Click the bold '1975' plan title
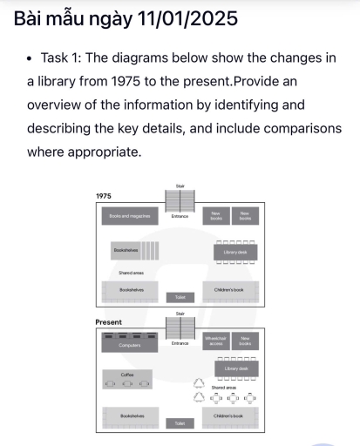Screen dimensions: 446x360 click(104, 197)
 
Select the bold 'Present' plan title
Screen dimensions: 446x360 click(108, 321)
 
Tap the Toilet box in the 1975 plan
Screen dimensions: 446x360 click(180, 297)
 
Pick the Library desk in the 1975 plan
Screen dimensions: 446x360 click(235, 252)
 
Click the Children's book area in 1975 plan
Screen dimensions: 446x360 click(235, 288)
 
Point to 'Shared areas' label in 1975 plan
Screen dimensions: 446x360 click(132, 273)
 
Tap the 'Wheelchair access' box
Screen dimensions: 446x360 click(215, 341)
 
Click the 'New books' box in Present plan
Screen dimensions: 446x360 click(245, 341)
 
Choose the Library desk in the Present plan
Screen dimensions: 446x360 click(235, 369)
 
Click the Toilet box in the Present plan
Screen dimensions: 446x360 click(180, 423)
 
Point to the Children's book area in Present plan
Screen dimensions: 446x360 click(235, 416)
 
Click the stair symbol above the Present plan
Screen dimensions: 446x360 click(180, 328)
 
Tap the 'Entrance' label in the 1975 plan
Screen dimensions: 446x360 click(180, 216)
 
